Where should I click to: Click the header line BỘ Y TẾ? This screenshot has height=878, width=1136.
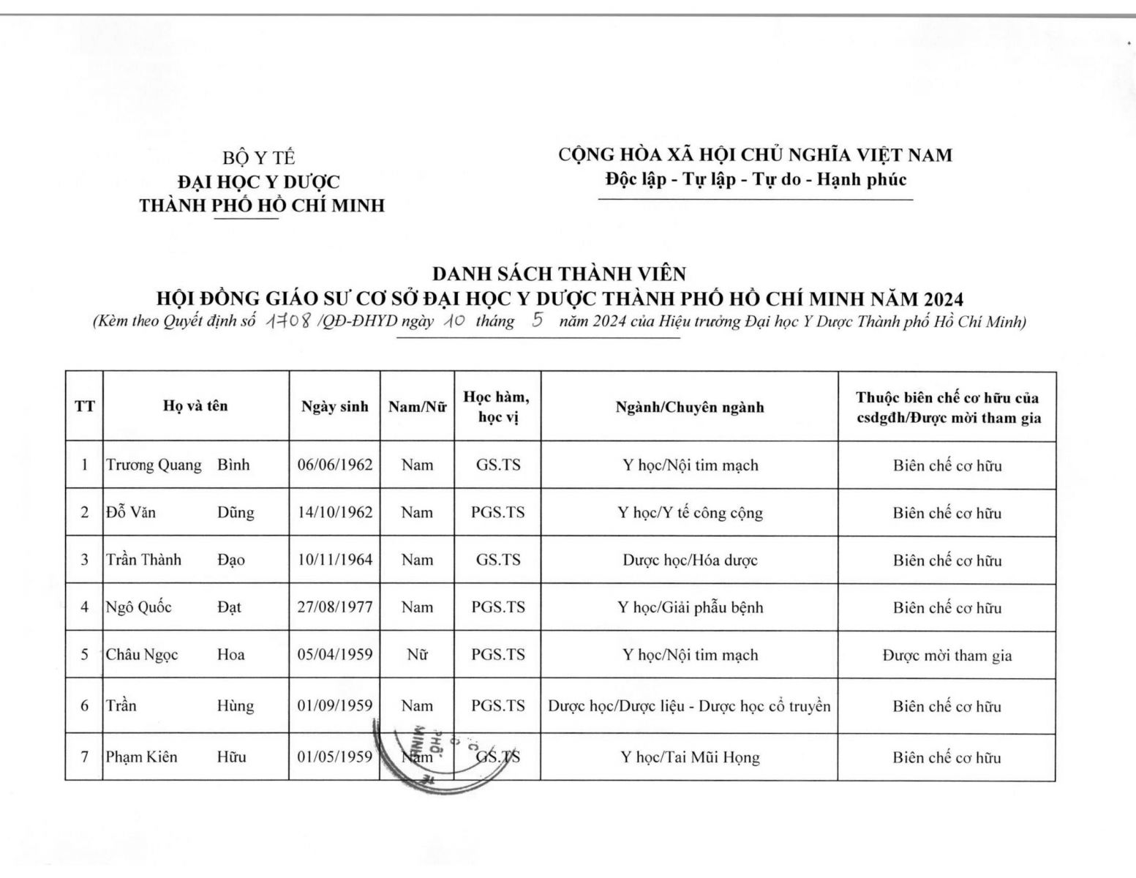(260, 157)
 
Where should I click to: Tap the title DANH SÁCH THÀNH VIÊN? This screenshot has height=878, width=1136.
(559, 274)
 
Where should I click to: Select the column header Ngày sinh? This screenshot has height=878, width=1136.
(334, 407)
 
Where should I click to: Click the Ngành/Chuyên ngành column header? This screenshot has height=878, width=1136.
(689, 407)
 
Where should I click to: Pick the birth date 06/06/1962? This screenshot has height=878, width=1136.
(334, 465)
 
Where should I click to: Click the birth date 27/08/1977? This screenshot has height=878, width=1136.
(334, 607)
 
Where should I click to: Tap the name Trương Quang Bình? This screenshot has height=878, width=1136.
(178, 465)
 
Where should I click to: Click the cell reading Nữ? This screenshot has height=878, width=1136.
(417, 654)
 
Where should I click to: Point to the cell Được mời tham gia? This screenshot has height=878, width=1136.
(947, 655)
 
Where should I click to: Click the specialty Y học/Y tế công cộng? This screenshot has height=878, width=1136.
(690, 512)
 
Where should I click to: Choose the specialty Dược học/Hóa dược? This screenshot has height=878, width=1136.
(690, 560)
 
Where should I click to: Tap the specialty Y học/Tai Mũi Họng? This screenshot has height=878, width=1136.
(690, 757)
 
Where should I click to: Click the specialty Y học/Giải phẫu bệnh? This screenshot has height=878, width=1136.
(690, 607)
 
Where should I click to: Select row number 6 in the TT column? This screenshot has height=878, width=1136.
(84, 706)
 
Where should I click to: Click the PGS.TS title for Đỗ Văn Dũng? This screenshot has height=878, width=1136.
(497, 512)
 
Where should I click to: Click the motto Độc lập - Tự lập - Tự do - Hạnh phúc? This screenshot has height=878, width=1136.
(756, 179)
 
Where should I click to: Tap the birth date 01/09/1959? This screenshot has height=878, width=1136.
(334, 706)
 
